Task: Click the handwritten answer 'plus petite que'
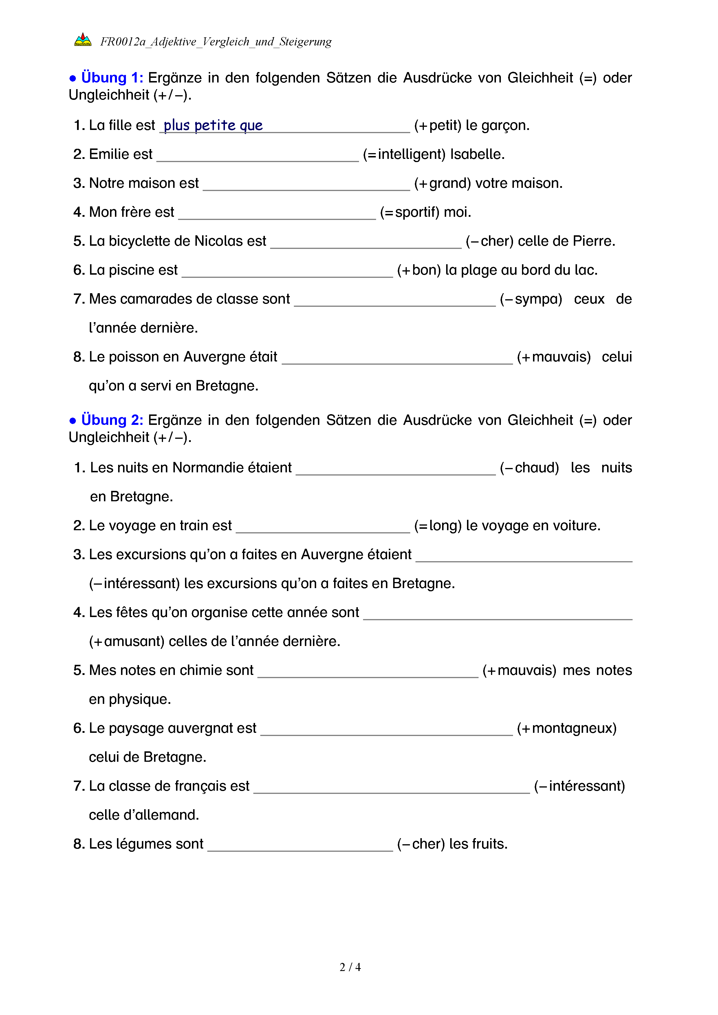coord(213,126)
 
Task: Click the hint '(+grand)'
coord(442,183)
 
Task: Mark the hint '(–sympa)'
coord(531,299)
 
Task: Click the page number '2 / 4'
coord(350,967)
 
